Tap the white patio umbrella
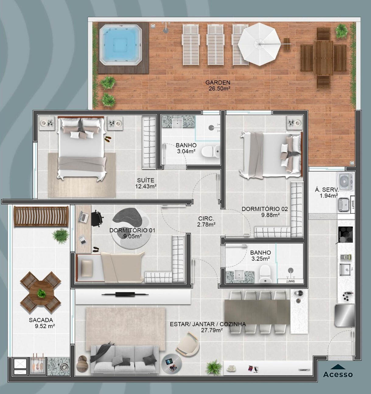click(x=259, y=44)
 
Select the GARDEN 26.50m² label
click(x=218, y=86)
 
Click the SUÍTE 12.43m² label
click(x=146, y=183)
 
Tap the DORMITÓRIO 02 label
click(x=265, y=212)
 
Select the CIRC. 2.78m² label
click(x=206, y=222)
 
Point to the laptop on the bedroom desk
click(x=83, y=217)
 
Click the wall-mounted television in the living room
click(x=125, y=294)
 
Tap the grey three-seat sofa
click(x=124, y=359)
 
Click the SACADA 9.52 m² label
click(x=41, y=323)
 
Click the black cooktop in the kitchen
click(x=345, y=234)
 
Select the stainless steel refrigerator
click(x=345, y=315)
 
